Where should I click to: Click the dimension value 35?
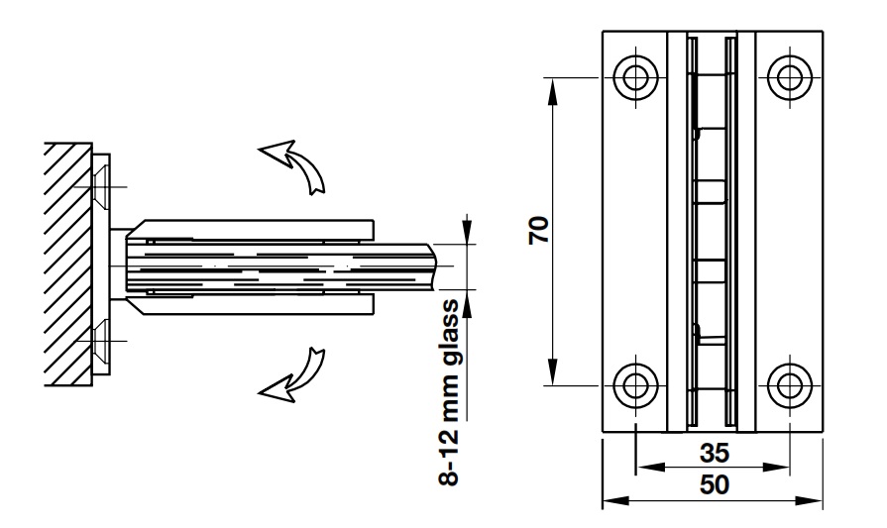714,453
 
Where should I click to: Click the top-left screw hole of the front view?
634,75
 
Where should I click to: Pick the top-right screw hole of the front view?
790,75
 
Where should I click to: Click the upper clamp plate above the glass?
248,228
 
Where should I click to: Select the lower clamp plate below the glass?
248,303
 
